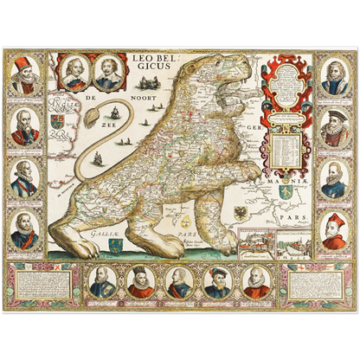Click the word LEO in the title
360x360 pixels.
[142, 59]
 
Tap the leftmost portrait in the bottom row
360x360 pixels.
[100, 283]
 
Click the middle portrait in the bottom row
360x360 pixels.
[180, 283]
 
